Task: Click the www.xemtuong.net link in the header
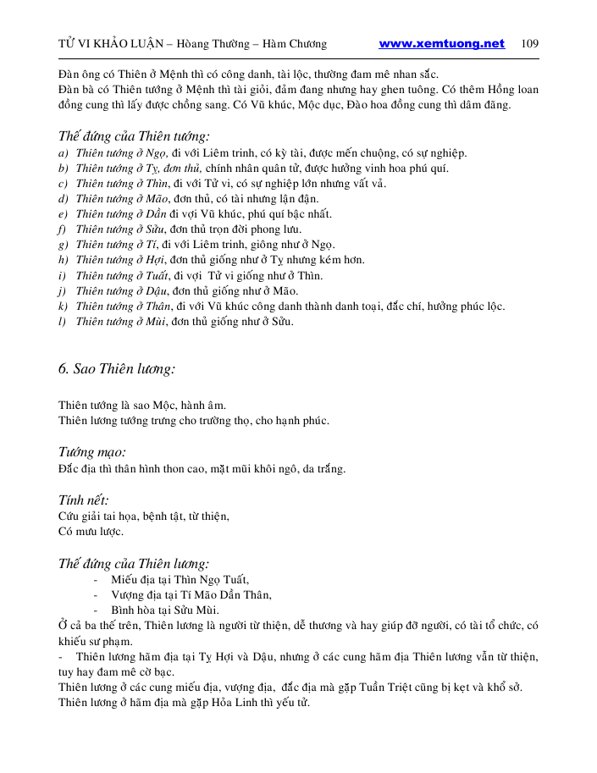441,44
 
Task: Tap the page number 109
530,44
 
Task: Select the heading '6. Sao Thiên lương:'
117,369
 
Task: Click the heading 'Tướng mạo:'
91,452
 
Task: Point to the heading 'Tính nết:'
83,500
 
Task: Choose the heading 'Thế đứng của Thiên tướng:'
134,136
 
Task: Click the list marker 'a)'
63,153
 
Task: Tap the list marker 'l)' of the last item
62,321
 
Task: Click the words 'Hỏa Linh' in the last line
226,701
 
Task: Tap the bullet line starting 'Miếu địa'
180,579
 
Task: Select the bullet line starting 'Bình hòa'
164,610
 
